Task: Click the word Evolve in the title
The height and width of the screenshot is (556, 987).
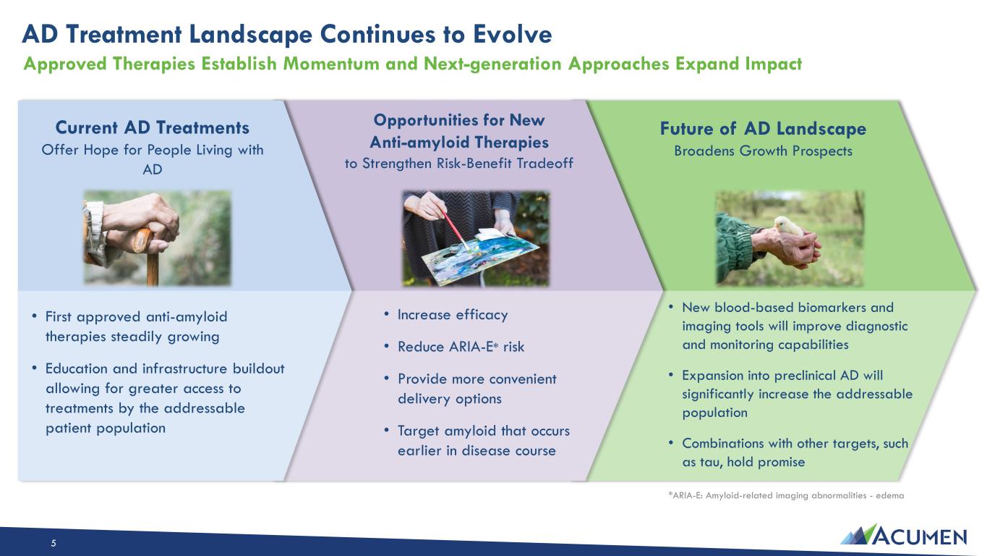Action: point(513,35)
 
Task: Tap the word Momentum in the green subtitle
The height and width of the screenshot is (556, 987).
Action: point(331,64)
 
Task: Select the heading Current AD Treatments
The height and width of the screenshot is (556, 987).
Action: point(153,127)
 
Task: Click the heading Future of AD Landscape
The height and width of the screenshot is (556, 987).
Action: point(763,128)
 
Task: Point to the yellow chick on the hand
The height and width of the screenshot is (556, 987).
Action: point(789,226)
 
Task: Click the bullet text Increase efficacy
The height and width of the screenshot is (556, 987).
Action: point(453,315)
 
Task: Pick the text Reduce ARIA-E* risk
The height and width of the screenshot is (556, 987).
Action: point(461,347)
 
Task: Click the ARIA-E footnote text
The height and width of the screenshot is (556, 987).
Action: point(786,495)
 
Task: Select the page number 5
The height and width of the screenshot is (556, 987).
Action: point(54,543)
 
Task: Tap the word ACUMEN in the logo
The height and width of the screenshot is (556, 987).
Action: point(919,536)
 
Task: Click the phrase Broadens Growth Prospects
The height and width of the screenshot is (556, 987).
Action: point(763,151)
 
